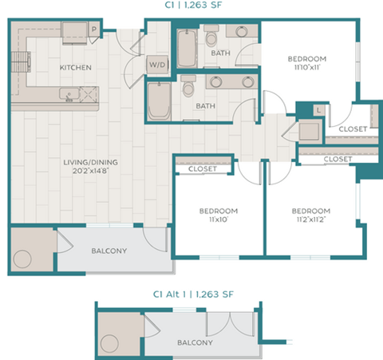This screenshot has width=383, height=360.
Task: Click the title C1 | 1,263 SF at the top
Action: [191, 6]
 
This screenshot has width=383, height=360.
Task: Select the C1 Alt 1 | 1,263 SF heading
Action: [191, 294]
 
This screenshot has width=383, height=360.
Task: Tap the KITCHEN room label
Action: [76, 68]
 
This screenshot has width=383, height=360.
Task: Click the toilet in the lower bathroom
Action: [188, 86]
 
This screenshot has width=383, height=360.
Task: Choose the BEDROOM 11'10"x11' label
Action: [307, 64]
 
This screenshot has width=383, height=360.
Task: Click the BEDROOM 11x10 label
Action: [218, 216]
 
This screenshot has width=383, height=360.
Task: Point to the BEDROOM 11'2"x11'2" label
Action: [310, 216]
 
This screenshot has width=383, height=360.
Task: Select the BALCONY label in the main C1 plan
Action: [109, 251]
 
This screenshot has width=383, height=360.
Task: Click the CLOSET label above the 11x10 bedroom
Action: [203, 169]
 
